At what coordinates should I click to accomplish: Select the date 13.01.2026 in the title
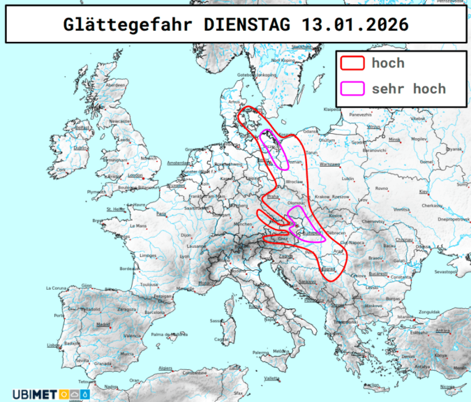click(x=355, y=24)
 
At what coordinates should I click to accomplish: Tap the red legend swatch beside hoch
click(x=353, y=64)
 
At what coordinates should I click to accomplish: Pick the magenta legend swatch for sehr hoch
click(x=353, y=89)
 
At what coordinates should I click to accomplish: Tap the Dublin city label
click(x=81, y=148)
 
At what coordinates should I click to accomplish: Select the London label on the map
click(x=135, y=175)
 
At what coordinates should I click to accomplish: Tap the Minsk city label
click(x=395, y=139)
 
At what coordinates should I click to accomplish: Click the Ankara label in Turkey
click(x=442, y=331)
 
